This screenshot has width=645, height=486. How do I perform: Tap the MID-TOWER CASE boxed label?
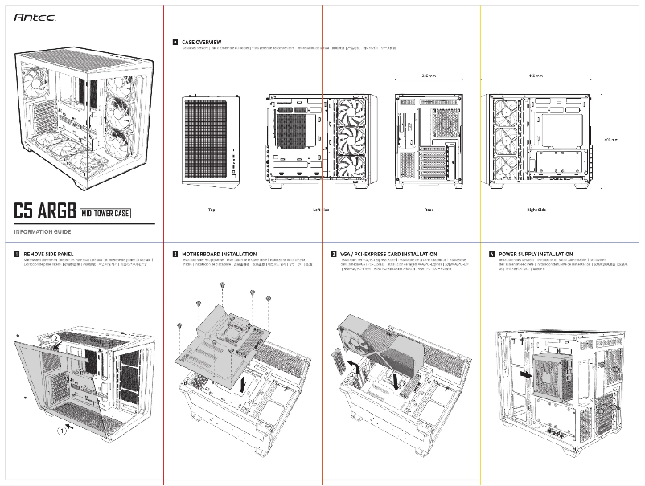click(x=106, y=214)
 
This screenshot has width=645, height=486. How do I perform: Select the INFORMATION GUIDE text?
click(x=43, y=232)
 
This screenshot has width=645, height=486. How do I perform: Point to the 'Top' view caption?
click(x=212, y=210)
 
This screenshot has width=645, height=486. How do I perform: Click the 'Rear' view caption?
click(x=429, y=210)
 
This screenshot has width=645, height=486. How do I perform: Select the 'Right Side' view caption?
click(x=536, y=210)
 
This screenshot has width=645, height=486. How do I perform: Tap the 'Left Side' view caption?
click(x=321, y=210)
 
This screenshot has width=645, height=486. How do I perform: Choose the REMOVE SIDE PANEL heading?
click(x=48, y=254)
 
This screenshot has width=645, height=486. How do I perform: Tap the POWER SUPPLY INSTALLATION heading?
click(x=536, y=254)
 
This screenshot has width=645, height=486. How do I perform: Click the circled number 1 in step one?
click(x=61, y=431)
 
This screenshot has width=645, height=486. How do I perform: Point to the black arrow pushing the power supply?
click(x=525, y=374)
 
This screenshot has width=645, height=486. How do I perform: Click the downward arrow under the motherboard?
click(x=244, y=383)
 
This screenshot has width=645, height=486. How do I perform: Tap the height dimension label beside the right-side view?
click(x=611, y=140)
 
